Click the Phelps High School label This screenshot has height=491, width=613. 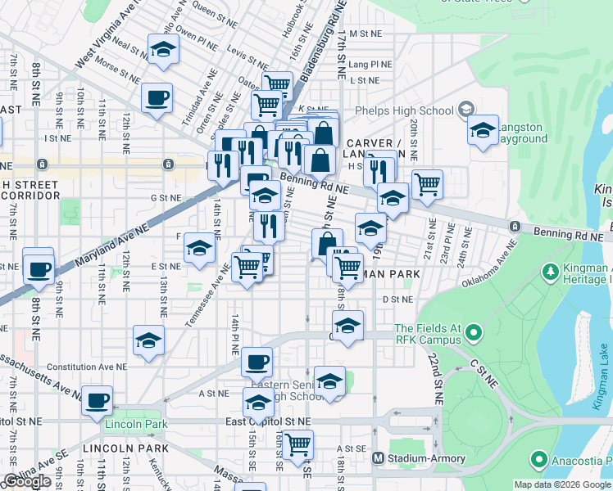pos(404,110)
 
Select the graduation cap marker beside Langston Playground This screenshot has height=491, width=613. pos(483,129)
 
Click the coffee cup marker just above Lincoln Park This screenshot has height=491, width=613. pos(98,401)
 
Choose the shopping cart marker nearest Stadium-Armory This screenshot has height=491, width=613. pos(298,444)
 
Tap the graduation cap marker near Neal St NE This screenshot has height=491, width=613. pos(163,51)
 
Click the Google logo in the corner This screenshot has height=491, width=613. pos(27,481)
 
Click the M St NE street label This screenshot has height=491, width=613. pos(365,34)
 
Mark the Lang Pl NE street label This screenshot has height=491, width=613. pos(365,63)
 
